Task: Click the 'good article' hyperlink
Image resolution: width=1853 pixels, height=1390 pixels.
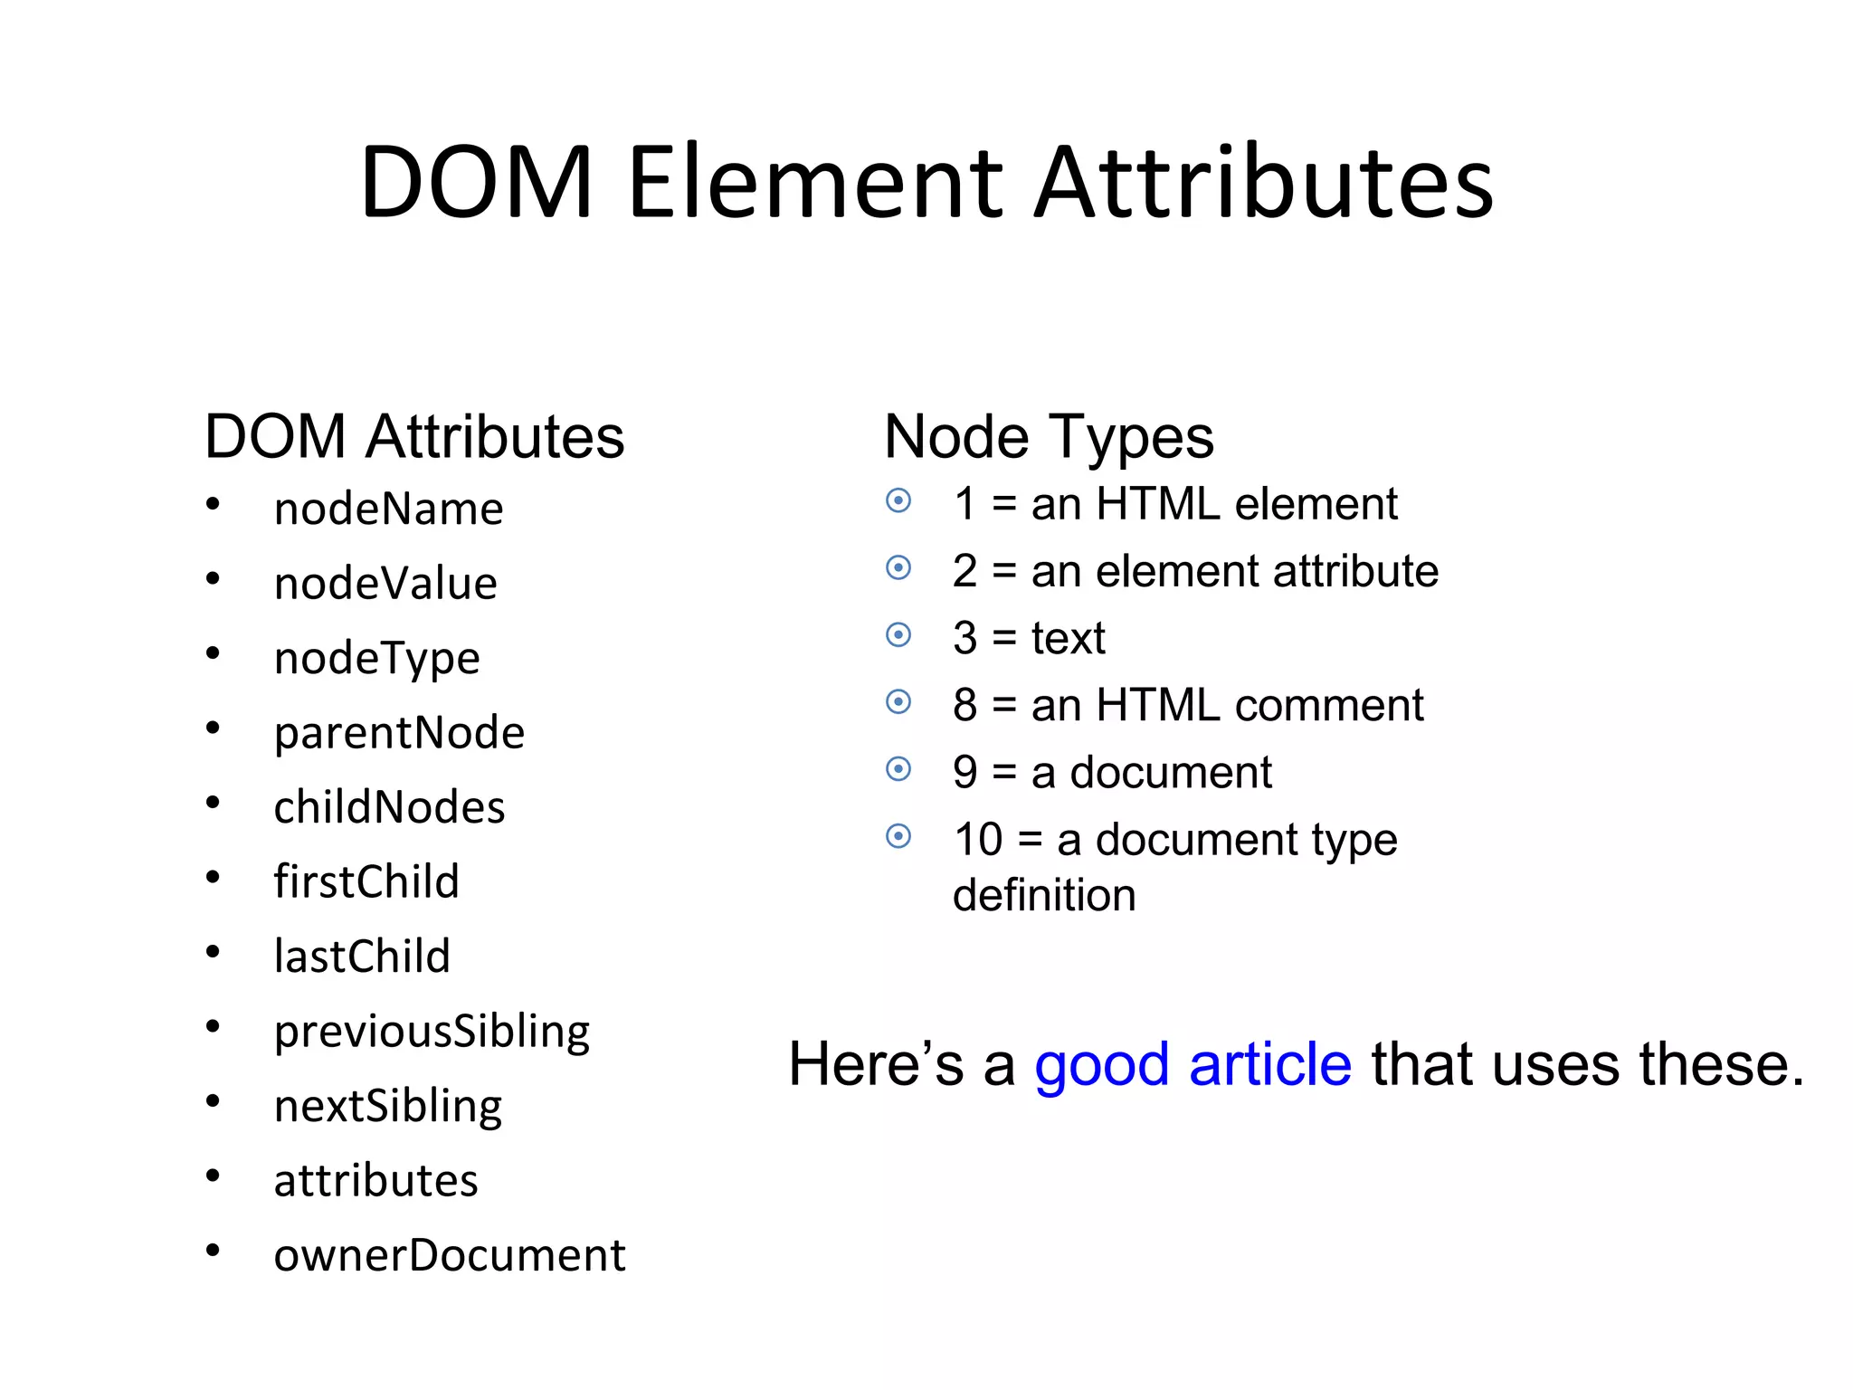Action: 1193,1064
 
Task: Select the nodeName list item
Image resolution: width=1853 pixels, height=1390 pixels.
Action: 388,509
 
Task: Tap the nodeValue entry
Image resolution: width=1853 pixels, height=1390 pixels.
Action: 385,584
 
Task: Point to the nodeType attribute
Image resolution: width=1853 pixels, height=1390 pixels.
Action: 376,659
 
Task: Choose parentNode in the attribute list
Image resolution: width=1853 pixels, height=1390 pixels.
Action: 399,733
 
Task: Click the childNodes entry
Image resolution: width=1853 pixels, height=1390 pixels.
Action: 389,807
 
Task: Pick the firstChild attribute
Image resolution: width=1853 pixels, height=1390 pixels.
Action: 366,882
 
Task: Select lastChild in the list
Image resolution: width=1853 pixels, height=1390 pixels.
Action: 362,957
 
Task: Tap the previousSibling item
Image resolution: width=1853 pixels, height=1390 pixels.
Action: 432,1032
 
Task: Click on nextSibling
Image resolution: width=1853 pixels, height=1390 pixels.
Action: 387,1106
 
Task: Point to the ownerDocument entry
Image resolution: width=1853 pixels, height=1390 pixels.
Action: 449,1255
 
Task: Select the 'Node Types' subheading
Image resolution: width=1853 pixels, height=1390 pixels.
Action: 1049,437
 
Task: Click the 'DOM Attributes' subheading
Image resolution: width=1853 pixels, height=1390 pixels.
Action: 414,437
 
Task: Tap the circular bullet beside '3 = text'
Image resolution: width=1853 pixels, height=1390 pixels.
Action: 898,635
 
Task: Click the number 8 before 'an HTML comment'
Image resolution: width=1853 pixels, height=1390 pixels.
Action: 965,705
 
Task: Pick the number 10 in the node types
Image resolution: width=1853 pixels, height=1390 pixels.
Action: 978,840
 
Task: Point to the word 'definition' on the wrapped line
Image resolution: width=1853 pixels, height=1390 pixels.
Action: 1044,896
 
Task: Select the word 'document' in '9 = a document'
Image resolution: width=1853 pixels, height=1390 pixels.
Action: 1171,773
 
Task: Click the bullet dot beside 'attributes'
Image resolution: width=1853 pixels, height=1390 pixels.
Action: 213,1176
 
